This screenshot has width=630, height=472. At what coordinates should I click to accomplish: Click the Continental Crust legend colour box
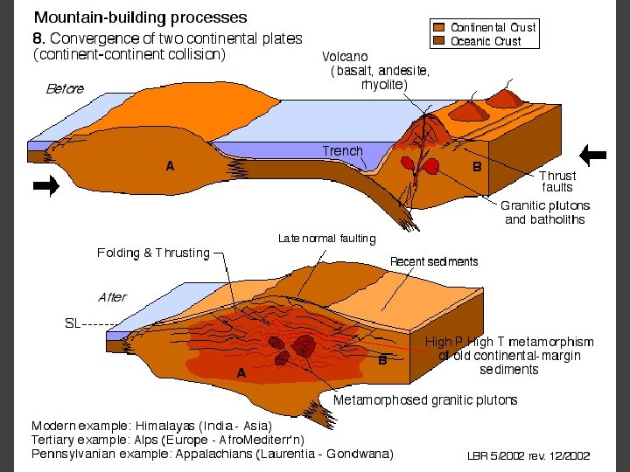click(442, 28)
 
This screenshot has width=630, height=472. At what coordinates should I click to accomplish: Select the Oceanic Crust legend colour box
click(442, 41)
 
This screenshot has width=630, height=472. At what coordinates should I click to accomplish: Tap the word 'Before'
click(66, 88)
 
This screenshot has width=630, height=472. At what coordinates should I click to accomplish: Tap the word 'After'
click(112, 297)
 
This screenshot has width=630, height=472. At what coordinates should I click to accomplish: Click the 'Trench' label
click(342, 151)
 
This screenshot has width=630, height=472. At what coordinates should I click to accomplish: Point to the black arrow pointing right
click(46, 185)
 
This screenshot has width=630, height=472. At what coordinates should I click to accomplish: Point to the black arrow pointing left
click(594, 156)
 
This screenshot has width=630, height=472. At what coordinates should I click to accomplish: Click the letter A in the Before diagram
click(171, 165)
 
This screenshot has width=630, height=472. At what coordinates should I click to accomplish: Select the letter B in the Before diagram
click(477, 165)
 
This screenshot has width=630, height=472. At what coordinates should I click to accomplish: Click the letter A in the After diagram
click(241, 372)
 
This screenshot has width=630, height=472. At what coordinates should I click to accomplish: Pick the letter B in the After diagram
click(382, 360)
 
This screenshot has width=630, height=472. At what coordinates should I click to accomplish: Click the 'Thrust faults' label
click(556, 182)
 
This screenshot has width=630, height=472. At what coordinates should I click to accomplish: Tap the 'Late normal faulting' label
click(326, 238)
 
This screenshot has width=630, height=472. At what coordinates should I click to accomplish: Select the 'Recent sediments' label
click(434, 261)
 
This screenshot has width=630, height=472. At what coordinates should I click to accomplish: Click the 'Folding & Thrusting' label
click(154, 253)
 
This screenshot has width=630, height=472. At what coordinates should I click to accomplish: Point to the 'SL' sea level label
click(73, 323)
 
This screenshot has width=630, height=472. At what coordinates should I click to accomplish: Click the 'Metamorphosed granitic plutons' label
click(425, 400)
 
